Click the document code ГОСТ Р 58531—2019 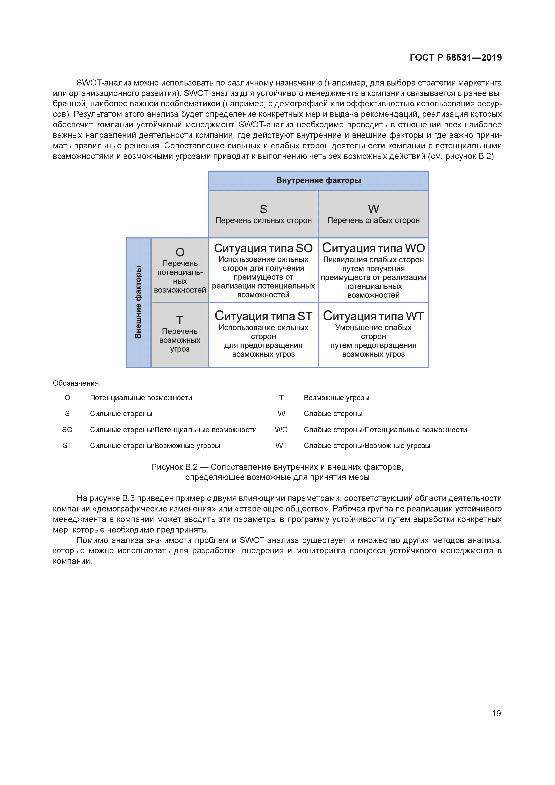[455, 58]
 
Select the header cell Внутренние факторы [319, 180]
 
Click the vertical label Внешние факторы [138, 302]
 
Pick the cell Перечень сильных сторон [264, 220]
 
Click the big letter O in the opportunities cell [180, 252]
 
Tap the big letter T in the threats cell [180, 320]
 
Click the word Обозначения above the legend [77, 383]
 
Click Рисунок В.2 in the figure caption [174, 467]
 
